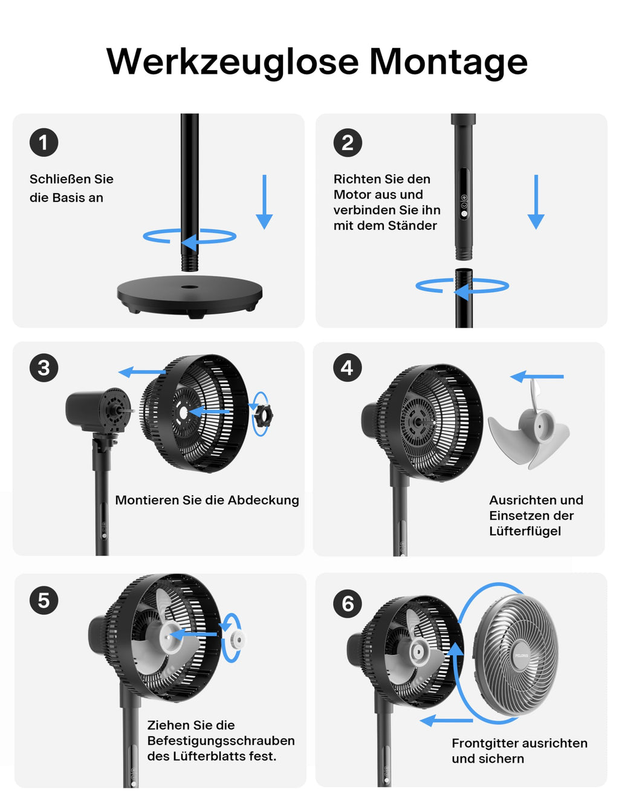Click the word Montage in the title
[448, 62]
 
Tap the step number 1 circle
[44, 143]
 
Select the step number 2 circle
[348, 143]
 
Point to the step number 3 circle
[44, 368]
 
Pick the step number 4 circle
[347, 368]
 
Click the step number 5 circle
[44, 601]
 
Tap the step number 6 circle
[348, 604]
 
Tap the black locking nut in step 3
[263, 415]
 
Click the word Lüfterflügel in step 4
[525, 531]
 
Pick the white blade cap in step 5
[236, 639]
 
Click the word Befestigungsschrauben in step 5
[221, 741]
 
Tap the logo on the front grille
[521, 655]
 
